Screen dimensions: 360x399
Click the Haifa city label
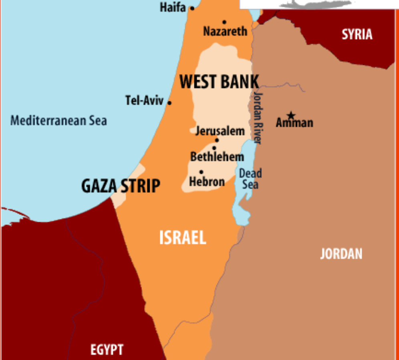[x=173, y=7]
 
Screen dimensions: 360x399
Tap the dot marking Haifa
[x=192, y=8]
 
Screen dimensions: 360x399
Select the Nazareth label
[x=225, y=31]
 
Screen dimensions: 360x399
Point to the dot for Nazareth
[x=224, y=22]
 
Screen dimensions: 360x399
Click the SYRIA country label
[x=357, y=34]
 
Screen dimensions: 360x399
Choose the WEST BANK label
[x=219, y=82]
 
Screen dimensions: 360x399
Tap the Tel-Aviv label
[x=144, y=100]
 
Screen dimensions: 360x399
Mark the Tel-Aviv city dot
[x=169, y=103]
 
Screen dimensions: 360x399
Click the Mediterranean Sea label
[x=58, y=120]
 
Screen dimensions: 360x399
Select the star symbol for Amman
[x=291, y=115]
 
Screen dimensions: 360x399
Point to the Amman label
[x=294, y=123]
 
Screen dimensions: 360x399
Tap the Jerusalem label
[x=220, y=131]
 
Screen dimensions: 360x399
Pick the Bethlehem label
[x=217, y=156]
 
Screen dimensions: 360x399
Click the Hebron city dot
[x=201, y=172]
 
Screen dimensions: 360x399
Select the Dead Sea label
[x=250, y=179]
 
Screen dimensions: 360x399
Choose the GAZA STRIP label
[x=121, y=186]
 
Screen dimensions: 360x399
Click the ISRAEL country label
[x=183, y=238]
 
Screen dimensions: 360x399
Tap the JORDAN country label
[x=341, y=254]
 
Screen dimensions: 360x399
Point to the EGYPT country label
[x=107, y=350]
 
